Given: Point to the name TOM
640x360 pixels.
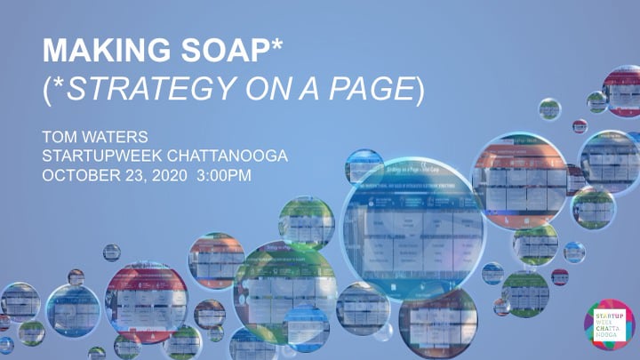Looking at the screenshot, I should pos(61,138).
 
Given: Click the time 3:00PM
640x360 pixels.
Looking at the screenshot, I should pos(226,174).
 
